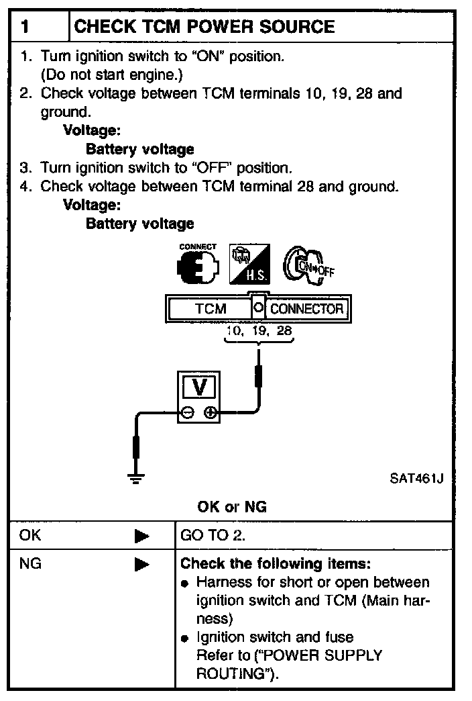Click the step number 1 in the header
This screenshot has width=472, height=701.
[x=24, y=27]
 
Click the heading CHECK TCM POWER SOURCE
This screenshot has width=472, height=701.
[x=204, y=27]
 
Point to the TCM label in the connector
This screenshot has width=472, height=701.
[x=211, y=310]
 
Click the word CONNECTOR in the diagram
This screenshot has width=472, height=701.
[x=306, y=310]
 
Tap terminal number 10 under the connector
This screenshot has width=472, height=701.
[x=234, y=331]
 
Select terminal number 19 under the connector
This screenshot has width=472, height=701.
[x=258, y=331]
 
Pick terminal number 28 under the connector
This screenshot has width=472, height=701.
[x=284, y=331]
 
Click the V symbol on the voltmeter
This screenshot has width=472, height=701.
[x=199, y=387]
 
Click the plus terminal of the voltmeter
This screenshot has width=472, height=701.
[x=211, y=414]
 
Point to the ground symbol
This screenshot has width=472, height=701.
[x=137, y=478]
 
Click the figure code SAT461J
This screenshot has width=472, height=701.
[x=416, y=479]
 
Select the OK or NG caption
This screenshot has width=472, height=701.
[x=232, y=507]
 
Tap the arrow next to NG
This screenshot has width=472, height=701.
[x=141, y=565]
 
